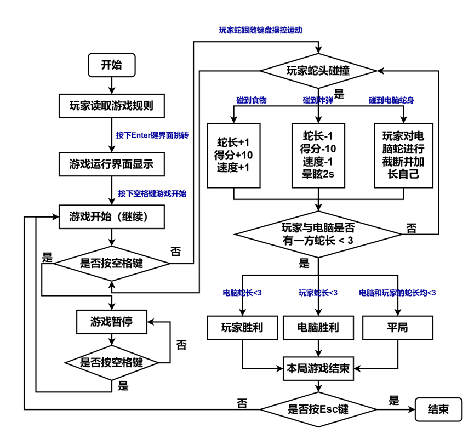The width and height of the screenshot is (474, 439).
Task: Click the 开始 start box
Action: pyautogui.click(x=111, y=66)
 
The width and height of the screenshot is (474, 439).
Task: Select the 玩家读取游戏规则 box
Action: pyautogui.click(x=111, y=106)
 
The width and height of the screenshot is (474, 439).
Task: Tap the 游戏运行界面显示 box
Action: pyautogui.click(x=111, y=164)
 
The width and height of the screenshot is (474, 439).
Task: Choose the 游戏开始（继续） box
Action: pyautogui.click(x=111, y=217)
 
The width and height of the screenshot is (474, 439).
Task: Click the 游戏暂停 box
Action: pyautogui.click(x=111, y=322)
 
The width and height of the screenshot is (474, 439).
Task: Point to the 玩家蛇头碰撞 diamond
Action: pyautogui.click(x=318, y=71)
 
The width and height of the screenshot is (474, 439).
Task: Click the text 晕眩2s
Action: pyautogui.click(x=318, y=175)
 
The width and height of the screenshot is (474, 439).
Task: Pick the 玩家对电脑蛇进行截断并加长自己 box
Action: pyautogui.click(x=403, y=155)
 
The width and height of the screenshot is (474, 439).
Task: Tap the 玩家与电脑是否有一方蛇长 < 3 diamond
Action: pyautogui.click(x=318, y=234)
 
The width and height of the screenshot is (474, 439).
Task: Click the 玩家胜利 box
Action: pyautogui.click(x=242, y=328)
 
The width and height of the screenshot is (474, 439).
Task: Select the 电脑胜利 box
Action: pyautogui.click(x=318, y=328)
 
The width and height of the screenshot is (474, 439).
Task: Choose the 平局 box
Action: pyautogui.click(x=397, y=328)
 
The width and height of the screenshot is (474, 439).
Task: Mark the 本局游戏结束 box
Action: pyautogui.click(x=318, y=369)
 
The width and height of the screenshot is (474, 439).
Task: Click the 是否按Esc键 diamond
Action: pyautogui.click(x=318, y=409)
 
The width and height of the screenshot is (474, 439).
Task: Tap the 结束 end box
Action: pyautogui.click(x=438, y=409)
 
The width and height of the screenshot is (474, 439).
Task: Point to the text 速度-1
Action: pyautogui.click(x=318, y=162)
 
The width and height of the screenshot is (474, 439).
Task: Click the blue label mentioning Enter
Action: pyautogui.click(x=152, y=135)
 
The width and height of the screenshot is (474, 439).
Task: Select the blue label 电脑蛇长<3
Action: pyautogui.click(x=242, y=293)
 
